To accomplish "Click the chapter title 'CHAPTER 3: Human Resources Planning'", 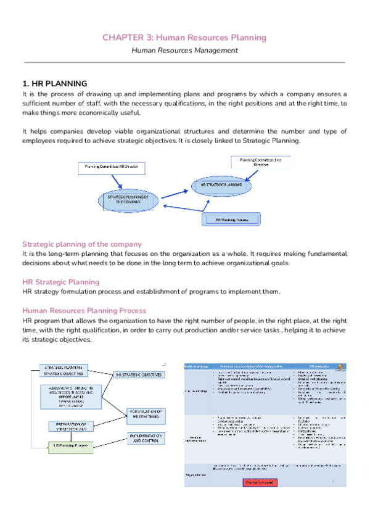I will (x=184, y=38).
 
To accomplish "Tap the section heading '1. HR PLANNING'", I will (x=55, y=83).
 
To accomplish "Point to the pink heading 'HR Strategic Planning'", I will (x=60, y=282).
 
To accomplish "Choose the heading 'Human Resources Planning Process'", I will (x=84, y=311).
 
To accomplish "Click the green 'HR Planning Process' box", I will (x=70, y=445).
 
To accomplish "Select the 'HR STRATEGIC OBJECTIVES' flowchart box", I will (x=139, y=374).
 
